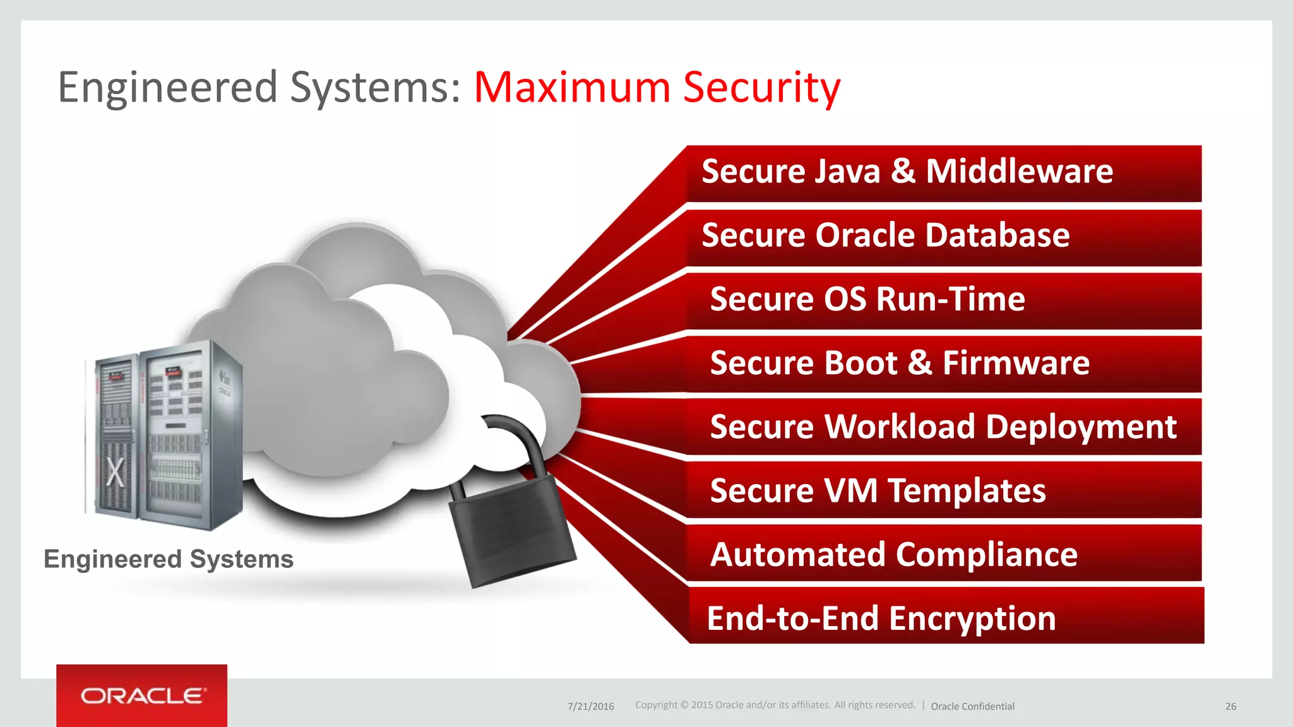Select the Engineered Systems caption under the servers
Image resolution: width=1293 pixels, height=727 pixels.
click(x=169, y=559)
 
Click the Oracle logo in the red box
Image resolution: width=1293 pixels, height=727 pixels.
click(x=142, y=695)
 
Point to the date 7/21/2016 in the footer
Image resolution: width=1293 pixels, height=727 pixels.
click(x=590, y=706)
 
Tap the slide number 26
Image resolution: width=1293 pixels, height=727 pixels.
click(x=1230, y=706)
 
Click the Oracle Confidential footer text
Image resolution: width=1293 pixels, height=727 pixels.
click(x=972, y=706)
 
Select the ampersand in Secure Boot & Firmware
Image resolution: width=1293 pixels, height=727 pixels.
click(x=920, y=363)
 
